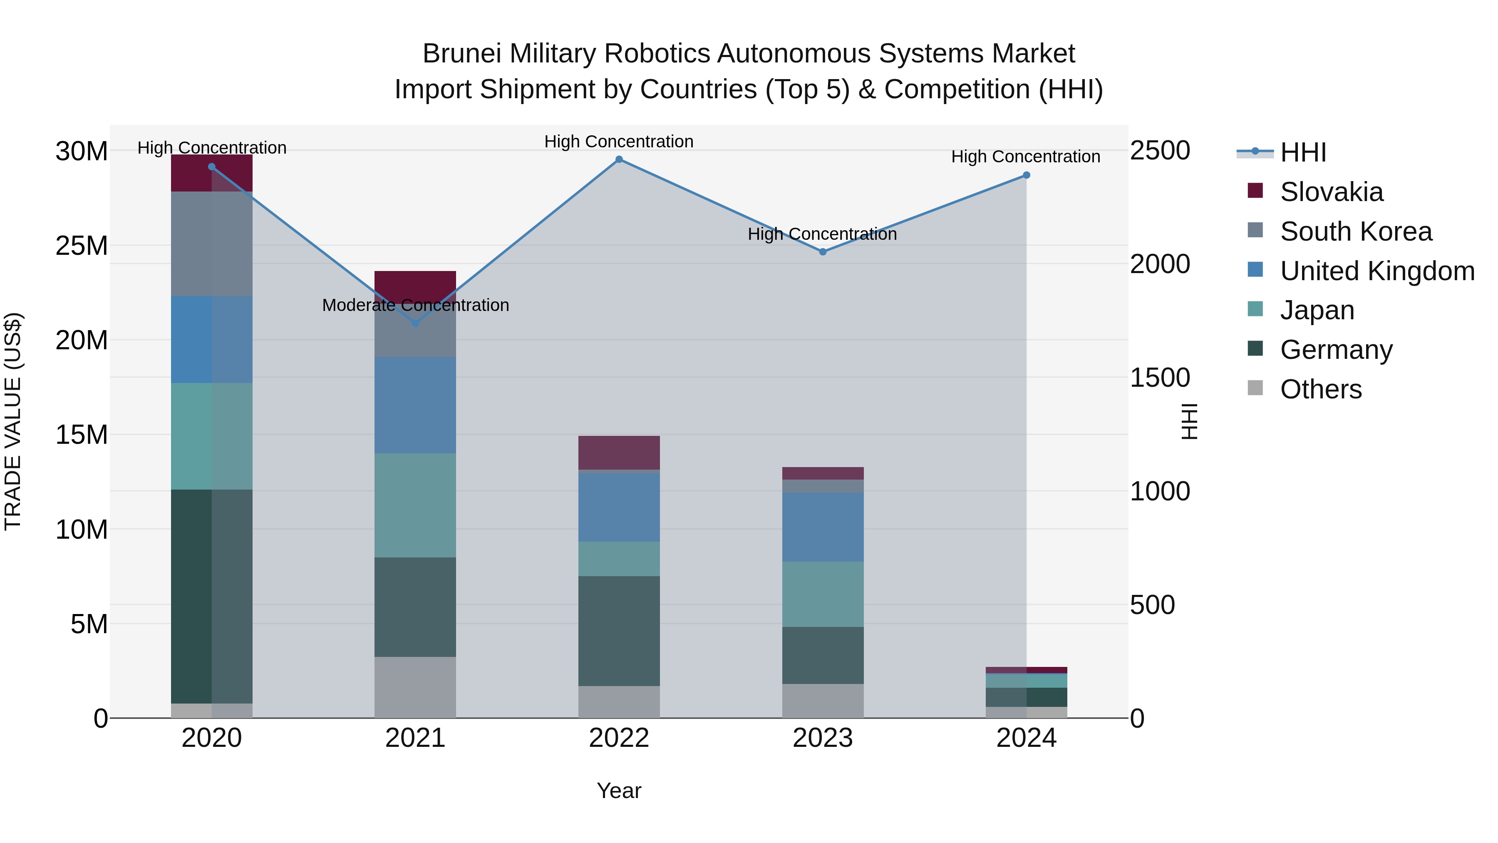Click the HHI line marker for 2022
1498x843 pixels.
pyautogui.click(x=619, y=159)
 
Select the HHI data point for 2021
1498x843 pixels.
pyautogui.click(x=415, y=323)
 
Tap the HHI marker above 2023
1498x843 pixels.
pyautogui.click(x=822, y=252)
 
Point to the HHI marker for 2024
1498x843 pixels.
pyautogui.click(x=1027, y=175)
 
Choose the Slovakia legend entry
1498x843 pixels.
pyautogui.click(x=1331, y=192)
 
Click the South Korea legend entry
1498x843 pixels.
pyautogui.click(x=1356, y=231)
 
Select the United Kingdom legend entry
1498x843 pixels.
pyautogui.click(x=1376, y=271)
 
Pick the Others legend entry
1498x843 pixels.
pyautogui.click(x=1321, y=389)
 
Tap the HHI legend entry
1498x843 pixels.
pyautogui.click(x=1302, y=152)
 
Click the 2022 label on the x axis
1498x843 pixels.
pyautogui.click(x=619, y=738)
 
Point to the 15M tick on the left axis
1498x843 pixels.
pyautogui.click(x=82, y=435)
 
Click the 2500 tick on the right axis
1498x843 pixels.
pyautogui.click(x=1160, y=151)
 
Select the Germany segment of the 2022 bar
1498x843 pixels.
pyautogui.click(x=619, y=631)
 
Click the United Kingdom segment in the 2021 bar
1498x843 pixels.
pyautogui.click(x=415, y=405)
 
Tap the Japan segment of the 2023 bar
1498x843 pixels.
pyautogui.click(x=822, y=594)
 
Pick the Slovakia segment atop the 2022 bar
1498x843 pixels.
pyautogui.click(x=619, y=452)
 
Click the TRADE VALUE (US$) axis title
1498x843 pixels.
pyautogui.click(x=13, y=421)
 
